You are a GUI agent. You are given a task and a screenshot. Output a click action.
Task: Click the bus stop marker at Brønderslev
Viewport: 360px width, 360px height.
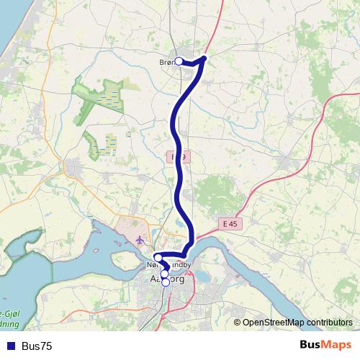point(179,62)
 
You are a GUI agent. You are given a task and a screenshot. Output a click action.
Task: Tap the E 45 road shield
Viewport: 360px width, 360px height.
point(230,224)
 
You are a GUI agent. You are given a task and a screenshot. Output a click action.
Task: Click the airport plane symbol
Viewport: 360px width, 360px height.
point(139,239)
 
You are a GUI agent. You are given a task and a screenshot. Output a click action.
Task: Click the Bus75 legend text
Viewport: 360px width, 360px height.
point(37,346)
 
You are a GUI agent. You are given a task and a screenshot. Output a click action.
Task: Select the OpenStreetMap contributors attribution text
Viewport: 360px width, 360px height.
point(297,322)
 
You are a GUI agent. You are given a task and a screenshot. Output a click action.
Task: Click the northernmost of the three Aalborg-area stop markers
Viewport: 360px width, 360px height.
point(158,257)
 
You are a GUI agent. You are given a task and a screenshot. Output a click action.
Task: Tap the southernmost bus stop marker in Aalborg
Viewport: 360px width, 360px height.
point(166,282)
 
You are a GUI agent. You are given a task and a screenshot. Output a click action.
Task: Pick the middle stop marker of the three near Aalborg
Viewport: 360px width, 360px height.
point(164,274)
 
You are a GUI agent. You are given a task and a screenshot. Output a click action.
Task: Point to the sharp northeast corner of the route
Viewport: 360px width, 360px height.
point(205,58)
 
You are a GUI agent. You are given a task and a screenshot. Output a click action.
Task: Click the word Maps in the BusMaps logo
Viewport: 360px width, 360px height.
point(336,346)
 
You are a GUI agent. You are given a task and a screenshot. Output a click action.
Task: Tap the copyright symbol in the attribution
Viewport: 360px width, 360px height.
point(238,322)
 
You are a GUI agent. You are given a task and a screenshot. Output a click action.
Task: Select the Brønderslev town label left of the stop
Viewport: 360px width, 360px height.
point(166,63)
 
